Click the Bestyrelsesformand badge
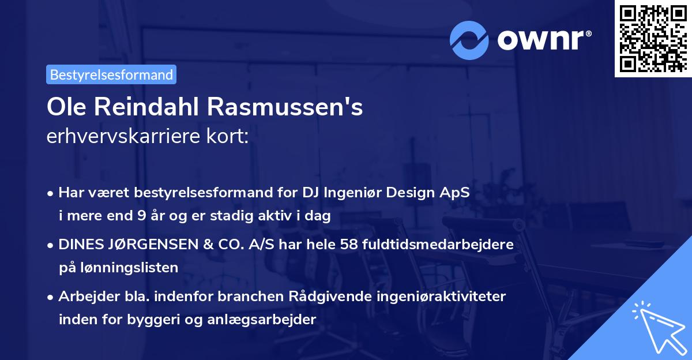point(111,74)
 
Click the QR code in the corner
point(653,38)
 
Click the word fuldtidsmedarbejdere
point(439,245)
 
